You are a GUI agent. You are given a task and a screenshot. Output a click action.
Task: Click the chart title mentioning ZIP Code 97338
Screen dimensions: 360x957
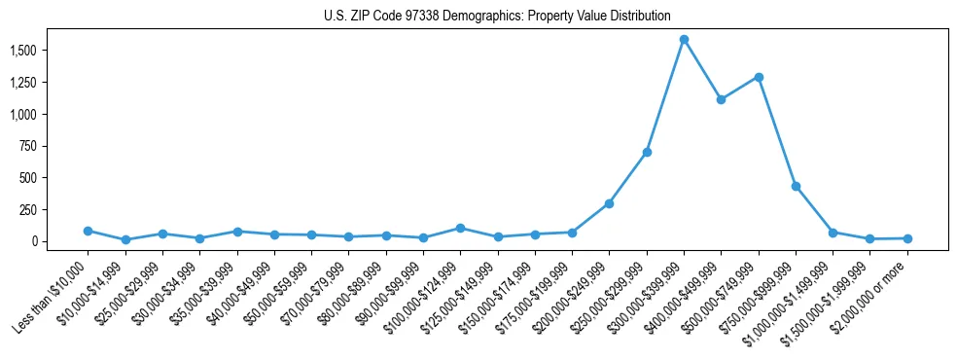[497, 16]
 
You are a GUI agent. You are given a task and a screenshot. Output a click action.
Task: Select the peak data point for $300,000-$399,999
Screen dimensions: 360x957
[684, 40]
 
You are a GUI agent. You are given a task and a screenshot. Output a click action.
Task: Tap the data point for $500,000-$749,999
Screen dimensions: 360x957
[759, 77]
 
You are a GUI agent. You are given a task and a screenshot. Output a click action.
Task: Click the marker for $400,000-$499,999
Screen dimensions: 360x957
[721, 99]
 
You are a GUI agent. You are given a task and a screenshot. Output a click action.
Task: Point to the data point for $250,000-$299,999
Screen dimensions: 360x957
[647, 152]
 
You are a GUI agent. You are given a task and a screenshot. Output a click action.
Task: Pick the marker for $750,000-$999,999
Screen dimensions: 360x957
[796, 186]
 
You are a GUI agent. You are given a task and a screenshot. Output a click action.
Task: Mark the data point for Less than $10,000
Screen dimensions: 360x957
[88, 231]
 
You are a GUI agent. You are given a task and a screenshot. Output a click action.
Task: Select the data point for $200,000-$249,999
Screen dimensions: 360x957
[609, 203]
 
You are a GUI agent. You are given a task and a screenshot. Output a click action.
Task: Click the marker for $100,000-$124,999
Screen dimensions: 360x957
[460, 228]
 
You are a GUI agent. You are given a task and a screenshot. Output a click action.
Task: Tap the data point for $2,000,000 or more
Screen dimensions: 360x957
[907, 238]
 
